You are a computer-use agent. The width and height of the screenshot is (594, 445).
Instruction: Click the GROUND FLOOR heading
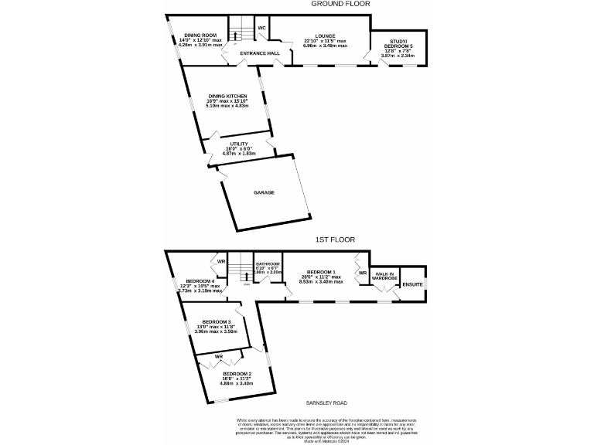coord(340,4)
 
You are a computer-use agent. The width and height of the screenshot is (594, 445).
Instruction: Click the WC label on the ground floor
coord(262,28)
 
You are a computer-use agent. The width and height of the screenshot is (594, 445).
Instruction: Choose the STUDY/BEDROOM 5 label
coord(394,44)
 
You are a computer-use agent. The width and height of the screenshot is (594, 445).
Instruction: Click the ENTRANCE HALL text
coord(259,53)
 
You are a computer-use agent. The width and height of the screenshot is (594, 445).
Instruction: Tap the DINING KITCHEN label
coord(227,97)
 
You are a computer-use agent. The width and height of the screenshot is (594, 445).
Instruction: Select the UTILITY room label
coord(238,144)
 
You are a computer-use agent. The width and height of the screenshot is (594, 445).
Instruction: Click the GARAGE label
coord(264,192)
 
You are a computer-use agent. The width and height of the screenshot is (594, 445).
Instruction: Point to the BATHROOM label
coord(267,263)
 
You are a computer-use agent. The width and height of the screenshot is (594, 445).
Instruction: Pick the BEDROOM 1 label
coord(321,272)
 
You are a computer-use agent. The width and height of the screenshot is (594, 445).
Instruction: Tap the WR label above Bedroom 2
coord(219,356)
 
